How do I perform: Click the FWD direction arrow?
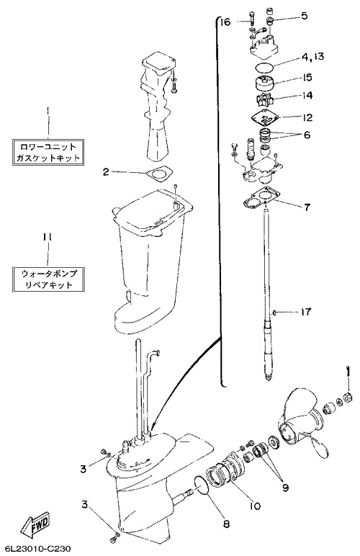tap(36, 525)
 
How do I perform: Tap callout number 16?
tap(224, 22)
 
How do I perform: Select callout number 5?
tap(304, 16)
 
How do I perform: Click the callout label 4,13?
tap(313, 56)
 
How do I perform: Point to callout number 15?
tap(307, 77)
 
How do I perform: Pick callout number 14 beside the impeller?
tap(307, 95)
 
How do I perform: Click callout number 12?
tap(307, 117)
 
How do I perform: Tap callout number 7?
tap(307, 207)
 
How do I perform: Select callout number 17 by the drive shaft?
tap(305, 311)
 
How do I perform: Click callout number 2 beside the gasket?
tap(106, 172)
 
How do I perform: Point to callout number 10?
tap(255, 506)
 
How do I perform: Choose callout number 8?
tap(226, 524)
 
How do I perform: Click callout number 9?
tap(284, 488)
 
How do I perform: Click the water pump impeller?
tap(266, 99)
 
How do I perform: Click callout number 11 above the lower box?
tap(48, 237)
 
